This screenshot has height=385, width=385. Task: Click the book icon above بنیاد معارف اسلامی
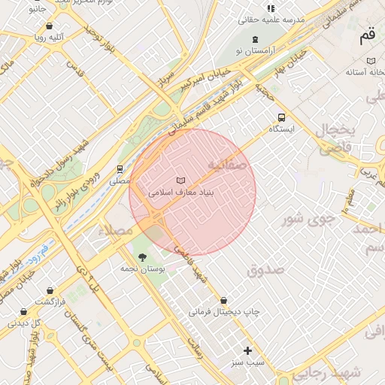pyautogui.click(x=180, y=180)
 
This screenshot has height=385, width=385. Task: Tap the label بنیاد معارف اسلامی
pyautogui.click(x=181, y=192)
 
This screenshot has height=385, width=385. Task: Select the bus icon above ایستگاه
pyautogui.click(x=282, y=117)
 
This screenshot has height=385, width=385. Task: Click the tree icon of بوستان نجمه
pyautogui.click(x=143, y=257)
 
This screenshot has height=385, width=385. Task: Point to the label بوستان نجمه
pyautogui.click(x=142, y=268)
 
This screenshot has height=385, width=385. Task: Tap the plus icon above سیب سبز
pyautogui.click(x=248, y=350)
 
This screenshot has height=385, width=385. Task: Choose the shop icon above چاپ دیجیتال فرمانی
pyautogui.click(x=224, y=299)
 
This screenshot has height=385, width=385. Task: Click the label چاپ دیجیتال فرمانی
pyautogui.click(x=224, y=311)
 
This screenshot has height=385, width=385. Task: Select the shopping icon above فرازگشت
pyautogui.click(x=50, y=290)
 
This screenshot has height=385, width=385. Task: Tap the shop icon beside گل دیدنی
pyautogui.click(x=23, y=311)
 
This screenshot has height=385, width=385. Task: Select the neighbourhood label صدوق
pyautogui.click(x=265, y=269)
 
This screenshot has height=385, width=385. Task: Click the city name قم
pyautogui.click(x=368, y=34)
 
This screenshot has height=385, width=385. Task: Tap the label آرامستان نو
pyautogui.click(x=255, y=50)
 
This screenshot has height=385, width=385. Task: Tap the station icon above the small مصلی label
pyautogui.click(x=119, y=169)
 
